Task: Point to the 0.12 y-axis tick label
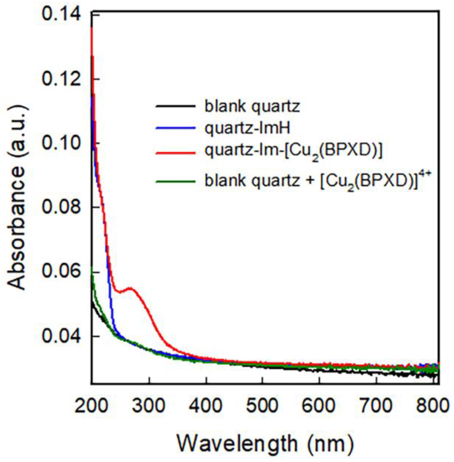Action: pos(61,79)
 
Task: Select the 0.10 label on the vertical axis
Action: pos(61,143)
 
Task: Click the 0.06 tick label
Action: pos(61,272)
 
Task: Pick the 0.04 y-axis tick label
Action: pos(61,336)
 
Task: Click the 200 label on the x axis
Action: pos(92,406)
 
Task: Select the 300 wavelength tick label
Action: pos(149,406)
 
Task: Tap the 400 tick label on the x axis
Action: pos(206,406)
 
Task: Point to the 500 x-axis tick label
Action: pos(262,406)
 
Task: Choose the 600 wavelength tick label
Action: pos(319,406)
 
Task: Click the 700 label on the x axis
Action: pos(376,406)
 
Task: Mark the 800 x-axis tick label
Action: pos(432,406)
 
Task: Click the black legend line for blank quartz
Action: pos(176,106)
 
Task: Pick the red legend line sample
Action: pos(176,153)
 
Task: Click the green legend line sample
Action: pos(176,181)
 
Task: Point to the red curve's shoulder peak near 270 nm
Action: pos(130,288)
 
